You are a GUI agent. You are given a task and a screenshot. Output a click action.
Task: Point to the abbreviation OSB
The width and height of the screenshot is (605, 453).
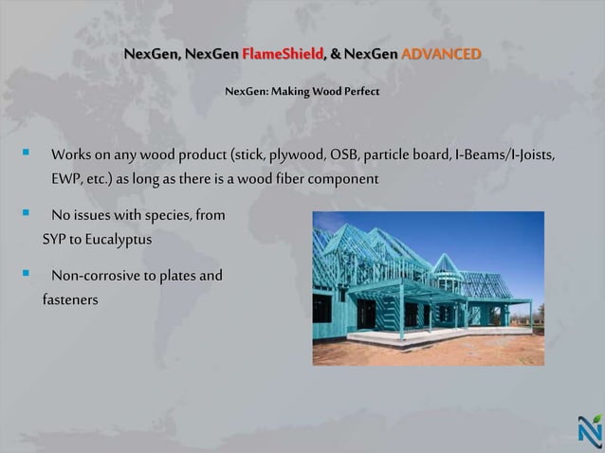pos(344,154)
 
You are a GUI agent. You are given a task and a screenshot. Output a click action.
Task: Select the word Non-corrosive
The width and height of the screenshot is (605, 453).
pos(99,277)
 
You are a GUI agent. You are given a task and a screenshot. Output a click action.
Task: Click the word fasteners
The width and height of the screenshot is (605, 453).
pos(70,300)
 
